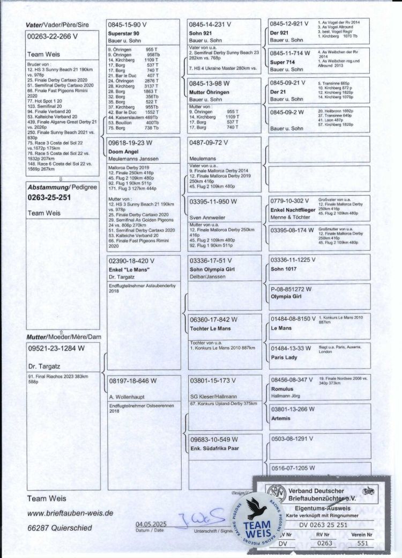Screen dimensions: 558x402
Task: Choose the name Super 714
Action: click(282, 62)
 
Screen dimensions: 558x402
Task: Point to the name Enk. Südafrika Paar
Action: click(214, 447)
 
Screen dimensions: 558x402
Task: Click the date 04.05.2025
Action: click(152, 524)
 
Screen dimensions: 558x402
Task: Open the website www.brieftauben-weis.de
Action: click(70, 513)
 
